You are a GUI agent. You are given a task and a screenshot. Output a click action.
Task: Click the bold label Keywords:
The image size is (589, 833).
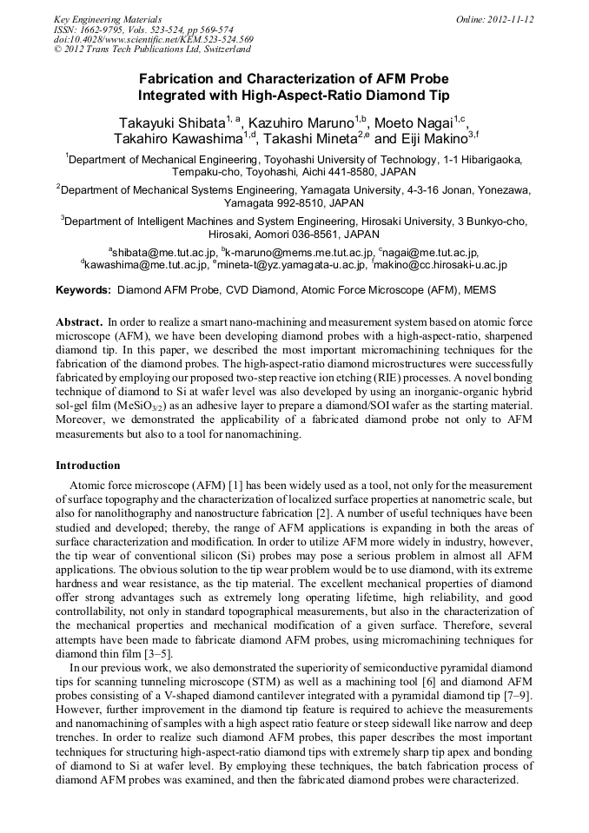coord(83,289)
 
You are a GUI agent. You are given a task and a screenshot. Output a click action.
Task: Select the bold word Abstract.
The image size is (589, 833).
coord(80,321)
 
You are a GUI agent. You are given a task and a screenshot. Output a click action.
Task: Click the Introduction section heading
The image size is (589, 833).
coord(88,466)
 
